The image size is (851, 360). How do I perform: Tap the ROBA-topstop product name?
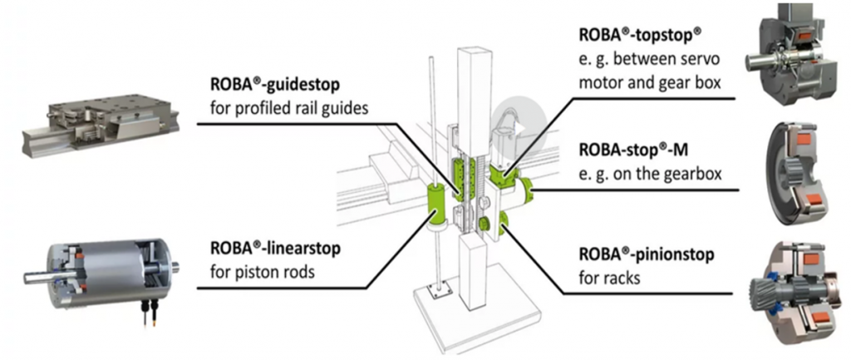coord(640,37)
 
